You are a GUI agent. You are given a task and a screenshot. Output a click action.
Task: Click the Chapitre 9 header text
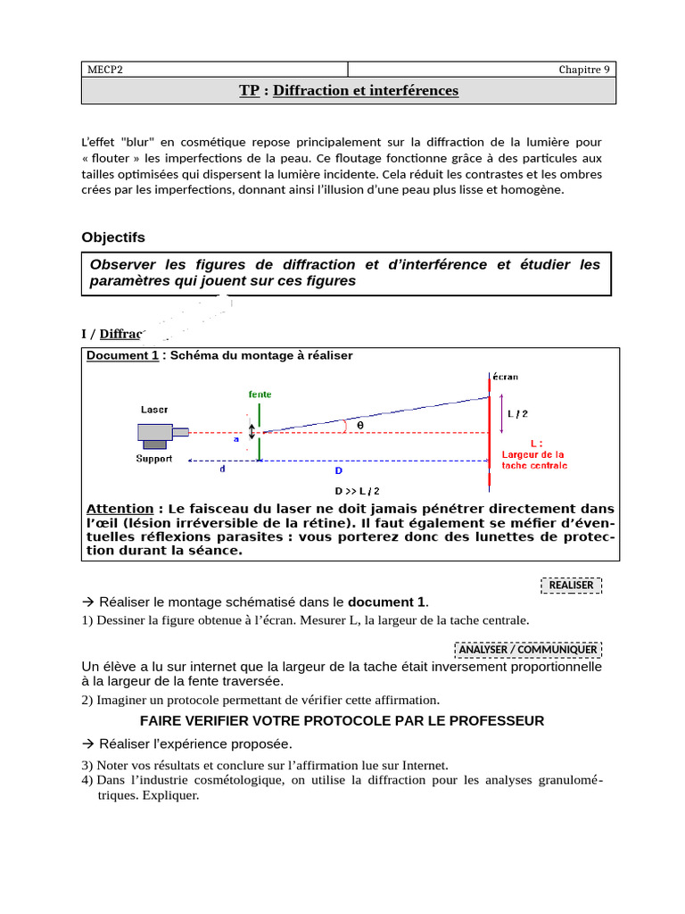point(584,70)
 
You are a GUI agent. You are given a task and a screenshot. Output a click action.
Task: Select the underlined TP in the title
point(249,90)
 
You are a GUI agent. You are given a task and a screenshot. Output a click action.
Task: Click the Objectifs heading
point(112,237)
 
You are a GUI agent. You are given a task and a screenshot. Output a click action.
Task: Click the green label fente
point(260,394)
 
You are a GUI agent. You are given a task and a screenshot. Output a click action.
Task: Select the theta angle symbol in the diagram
point(360,426)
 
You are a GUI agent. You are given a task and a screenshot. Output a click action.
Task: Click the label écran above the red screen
point(504,377)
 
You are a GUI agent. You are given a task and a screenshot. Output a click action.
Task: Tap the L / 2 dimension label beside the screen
point(517,413)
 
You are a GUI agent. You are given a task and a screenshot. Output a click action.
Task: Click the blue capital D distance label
point(338,470)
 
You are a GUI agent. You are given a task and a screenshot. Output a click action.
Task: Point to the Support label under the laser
point(154,459)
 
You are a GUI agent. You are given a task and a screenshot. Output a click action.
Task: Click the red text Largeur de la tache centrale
point(534,453)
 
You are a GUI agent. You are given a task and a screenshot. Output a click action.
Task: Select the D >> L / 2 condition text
point(357,491)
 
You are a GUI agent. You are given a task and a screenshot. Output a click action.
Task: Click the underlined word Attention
point(120,508)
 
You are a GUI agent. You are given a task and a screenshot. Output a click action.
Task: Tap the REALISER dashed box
point(572,585)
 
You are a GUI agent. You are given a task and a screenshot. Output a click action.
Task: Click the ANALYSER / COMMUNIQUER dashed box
point(528,649)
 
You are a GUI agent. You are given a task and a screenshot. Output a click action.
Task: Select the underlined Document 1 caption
point(122,355)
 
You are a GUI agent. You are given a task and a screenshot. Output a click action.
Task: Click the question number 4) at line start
point(87,780)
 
